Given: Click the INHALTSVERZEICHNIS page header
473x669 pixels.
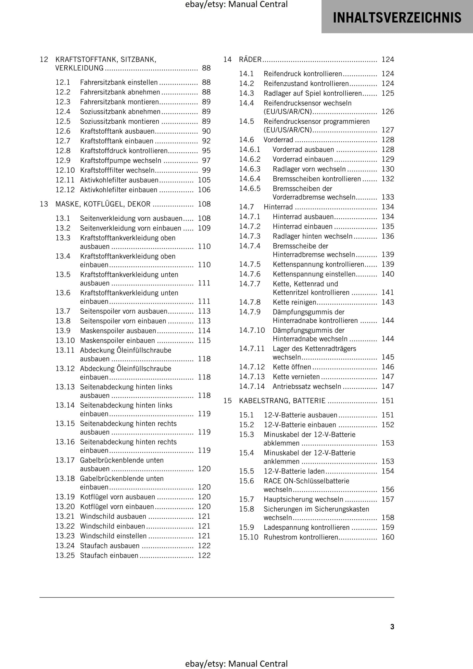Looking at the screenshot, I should [x=397, y=17].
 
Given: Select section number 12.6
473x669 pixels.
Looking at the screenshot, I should [x=63, y=131].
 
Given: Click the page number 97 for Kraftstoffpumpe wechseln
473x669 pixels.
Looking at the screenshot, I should [x=206, y=161].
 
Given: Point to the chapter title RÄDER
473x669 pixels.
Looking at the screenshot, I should [x=250, y=60].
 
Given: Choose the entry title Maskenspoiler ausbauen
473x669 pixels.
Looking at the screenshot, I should [x=118, y=331].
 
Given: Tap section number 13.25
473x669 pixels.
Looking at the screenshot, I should [x=65, y=555].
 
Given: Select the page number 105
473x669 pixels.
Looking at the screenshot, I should [x=204, y=180].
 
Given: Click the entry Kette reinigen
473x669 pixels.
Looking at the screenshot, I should [x=294, y=302].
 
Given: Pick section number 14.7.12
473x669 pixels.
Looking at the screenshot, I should [x=252, y=367].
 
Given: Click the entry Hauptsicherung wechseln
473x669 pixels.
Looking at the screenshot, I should [x=303, y=499].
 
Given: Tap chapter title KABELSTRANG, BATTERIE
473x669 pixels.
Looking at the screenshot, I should [x=282, y=401].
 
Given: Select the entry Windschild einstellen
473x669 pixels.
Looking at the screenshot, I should [x=113, y=536].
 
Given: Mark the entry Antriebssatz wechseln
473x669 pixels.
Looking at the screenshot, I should [x=307, y=386].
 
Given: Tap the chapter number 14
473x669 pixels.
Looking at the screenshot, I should [x=228, y=60].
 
